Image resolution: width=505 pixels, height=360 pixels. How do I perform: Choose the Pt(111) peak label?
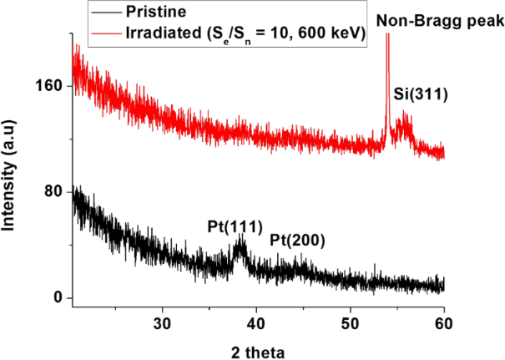(235, 226)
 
